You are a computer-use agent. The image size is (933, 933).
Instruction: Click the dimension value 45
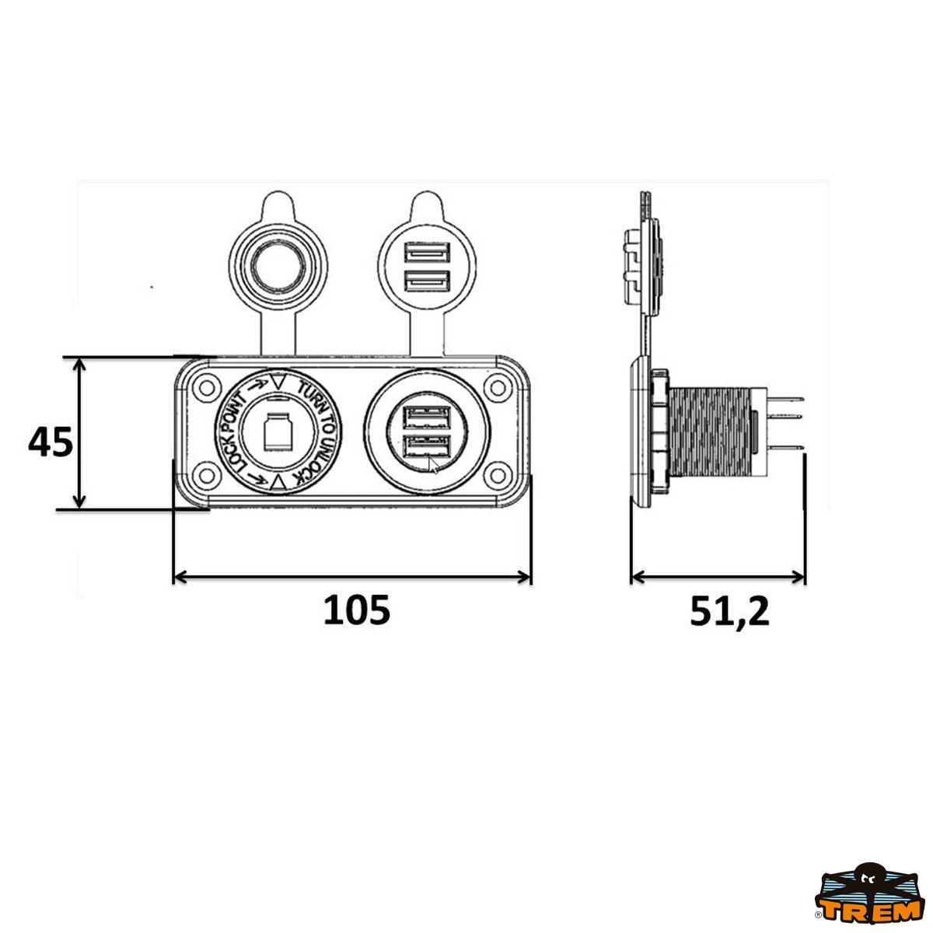coord(51,442)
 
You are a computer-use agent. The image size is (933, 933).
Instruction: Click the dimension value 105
coord(356,610)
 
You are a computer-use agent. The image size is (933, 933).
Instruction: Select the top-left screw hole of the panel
coord(208,388)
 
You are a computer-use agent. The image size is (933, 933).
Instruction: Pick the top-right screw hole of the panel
coord(498,388)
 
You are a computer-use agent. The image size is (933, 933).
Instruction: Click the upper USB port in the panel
coord(428,418)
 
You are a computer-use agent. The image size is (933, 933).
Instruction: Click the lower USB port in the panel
coord(428,446)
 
